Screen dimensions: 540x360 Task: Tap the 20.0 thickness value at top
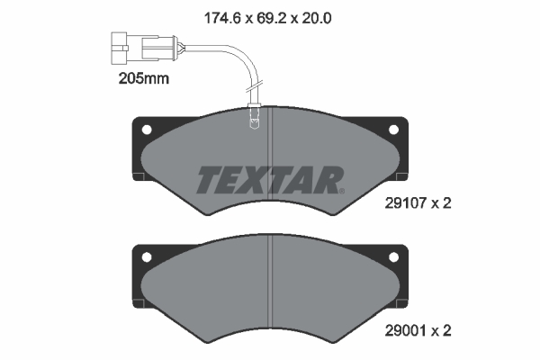pyautogui.click(x=317, y=18)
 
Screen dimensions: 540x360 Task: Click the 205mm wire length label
pyautogui.click(x=144, y=78)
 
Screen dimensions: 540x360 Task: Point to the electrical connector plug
pyautogui.click(x=144, y=48)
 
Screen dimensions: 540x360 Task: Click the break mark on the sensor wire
pyautogui.click(x=254, y=86)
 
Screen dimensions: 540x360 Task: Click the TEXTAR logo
pyautogui.click(x=270, y=179)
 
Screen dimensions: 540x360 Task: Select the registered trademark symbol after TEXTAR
pyautogui.click(x=342, y=191)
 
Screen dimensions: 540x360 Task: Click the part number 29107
pyautogui.click(x=406, y=203)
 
